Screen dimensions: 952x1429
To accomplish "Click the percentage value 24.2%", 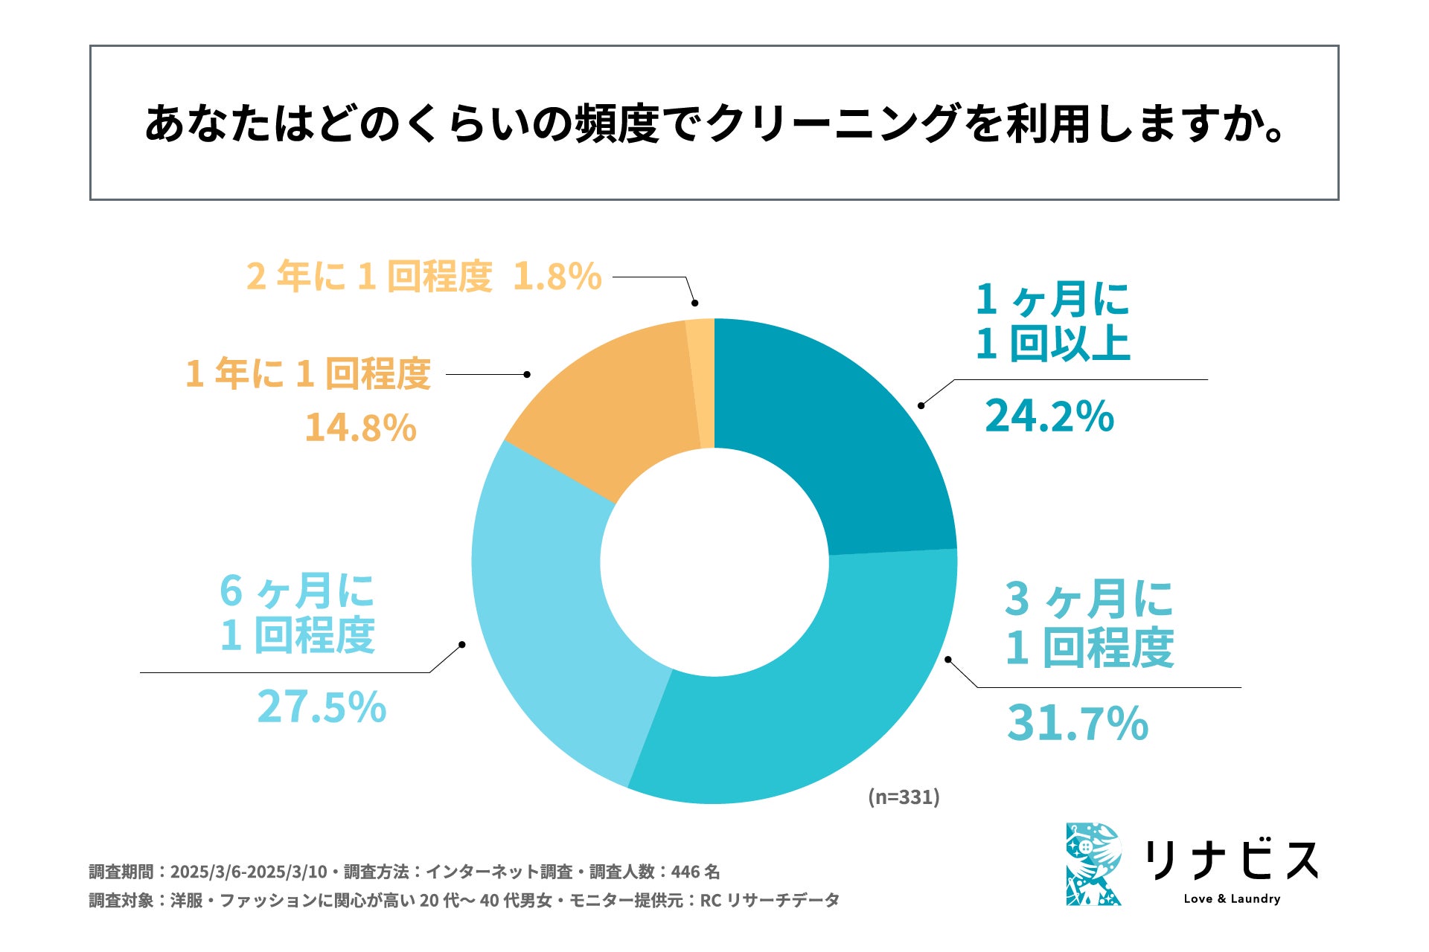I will (1049, 416).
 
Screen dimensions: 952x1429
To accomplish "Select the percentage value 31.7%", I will (1077, 723).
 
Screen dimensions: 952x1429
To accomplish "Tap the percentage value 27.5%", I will (322, 707).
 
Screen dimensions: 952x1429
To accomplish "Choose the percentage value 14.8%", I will (360, 428).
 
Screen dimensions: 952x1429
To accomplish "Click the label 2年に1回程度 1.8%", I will (423, 277).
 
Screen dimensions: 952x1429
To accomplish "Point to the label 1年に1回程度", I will (308, 373).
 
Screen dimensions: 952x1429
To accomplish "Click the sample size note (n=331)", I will (904, 797).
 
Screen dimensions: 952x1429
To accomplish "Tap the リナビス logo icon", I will (1093, 864).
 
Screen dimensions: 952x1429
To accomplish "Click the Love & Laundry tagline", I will (1232, 898).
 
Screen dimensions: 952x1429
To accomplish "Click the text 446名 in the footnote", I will (695, 872).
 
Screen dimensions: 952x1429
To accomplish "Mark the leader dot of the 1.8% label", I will (694, 303).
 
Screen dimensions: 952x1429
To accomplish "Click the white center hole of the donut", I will (714, 562).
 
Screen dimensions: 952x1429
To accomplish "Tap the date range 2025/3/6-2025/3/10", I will (249, 872).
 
